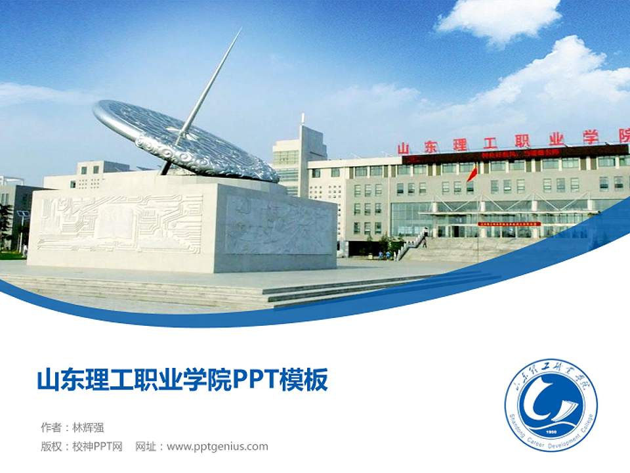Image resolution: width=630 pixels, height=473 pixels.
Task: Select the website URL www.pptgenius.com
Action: pos(217,447)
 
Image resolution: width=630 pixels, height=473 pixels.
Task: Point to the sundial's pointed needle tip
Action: pos(240,30)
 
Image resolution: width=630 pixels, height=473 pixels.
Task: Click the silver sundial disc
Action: pos(185,139)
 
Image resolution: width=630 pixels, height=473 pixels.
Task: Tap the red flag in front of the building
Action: pos(472,174)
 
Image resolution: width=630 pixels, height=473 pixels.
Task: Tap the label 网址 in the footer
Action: pos(145,447)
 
